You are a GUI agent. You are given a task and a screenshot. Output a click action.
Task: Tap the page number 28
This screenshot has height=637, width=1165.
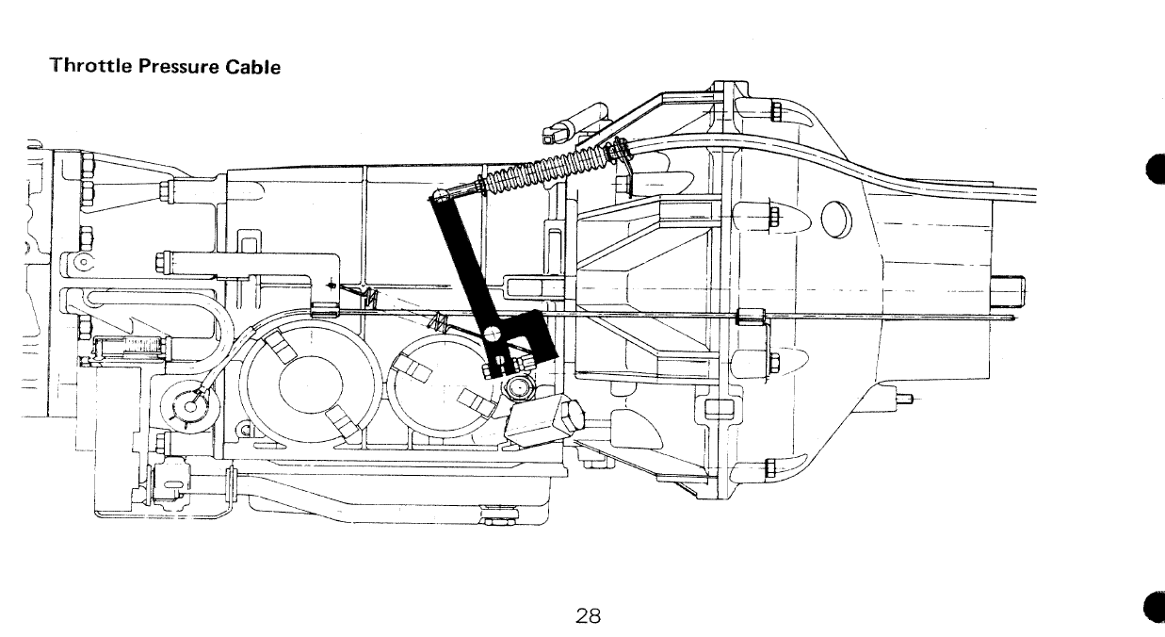click(589, 616)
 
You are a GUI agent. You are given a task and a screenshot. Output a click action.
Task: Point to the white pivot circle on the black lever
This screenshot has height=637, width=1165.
click(494, 334)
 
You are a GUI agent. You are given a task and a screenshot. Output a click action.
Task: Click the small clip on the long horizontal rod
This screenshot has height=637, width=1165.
click(751, 317)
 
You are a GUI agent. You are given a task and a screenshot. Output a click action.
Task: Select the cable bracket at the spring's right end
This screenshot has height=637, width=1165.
click(619, 151)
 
